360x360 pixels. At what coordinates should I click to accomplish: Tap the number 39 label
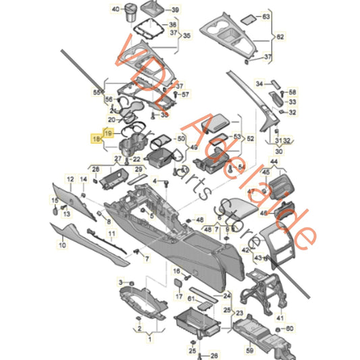point(157,9)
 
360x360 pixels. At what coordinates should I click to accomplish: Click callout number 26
point(215,355)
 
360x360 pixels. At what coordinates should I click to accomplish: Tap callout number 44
point(274,163)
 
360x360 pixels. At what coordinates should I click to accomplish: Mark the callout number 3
point(122,281)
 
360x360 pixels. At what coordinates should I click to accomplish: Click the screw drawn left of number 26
point(193,354)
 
